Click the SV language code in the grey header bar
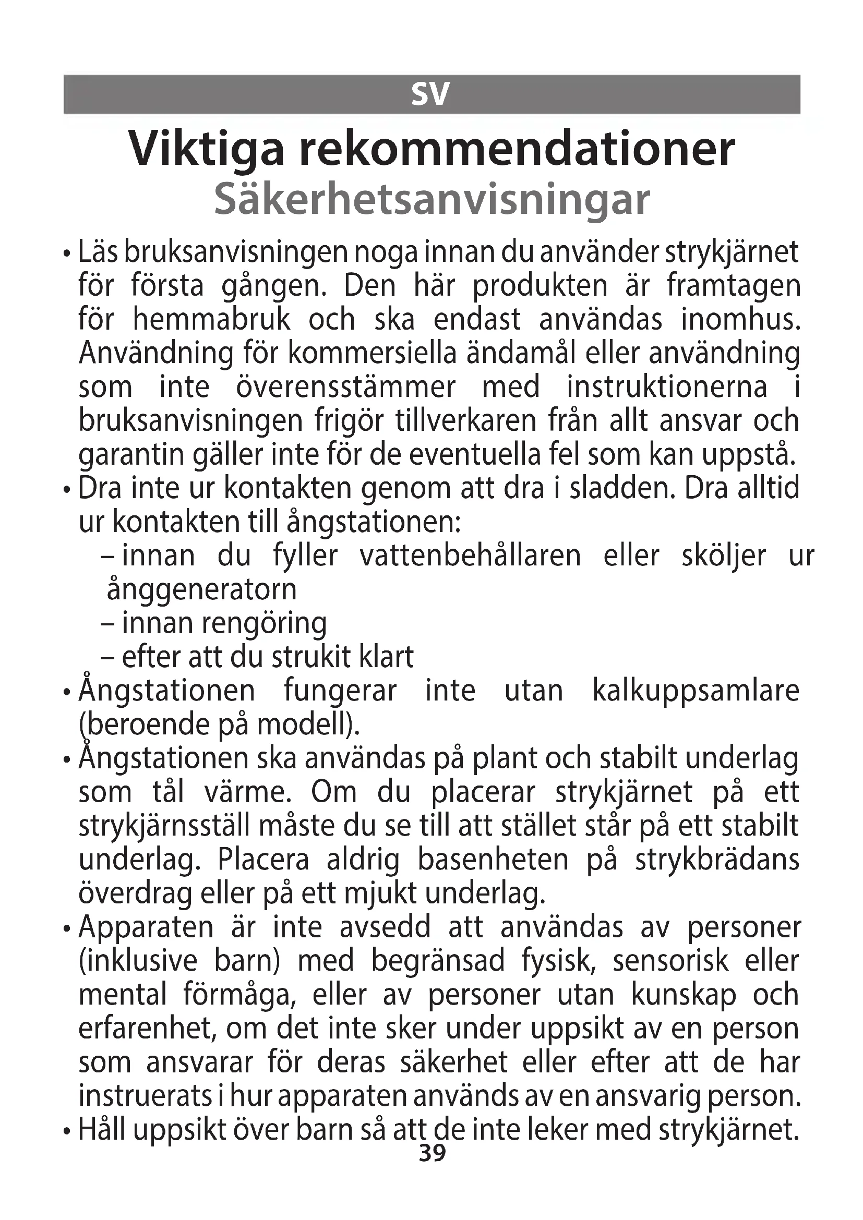tap(430, 94)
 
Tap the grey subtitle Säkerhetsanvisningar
tap(431, 200)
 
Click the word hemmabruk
tap(211, 320)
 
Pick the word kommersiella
tap(372, 354)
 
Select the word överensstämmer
tap(345, 388)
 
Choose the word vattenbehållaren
tap(470, 557)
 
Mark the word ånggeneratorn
tap(201, 590)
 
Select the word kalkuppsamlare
tap(696, 691)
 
